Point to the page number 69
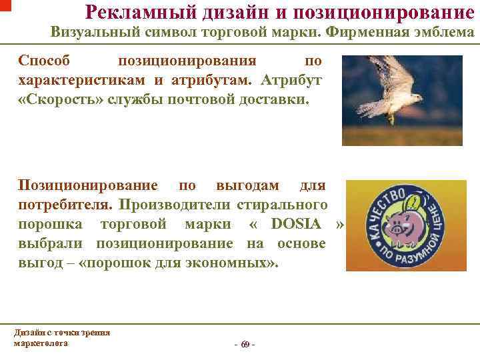point(245,344)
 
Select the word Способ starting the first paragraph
point(43,61)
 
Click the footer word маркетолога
point(41,343)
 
